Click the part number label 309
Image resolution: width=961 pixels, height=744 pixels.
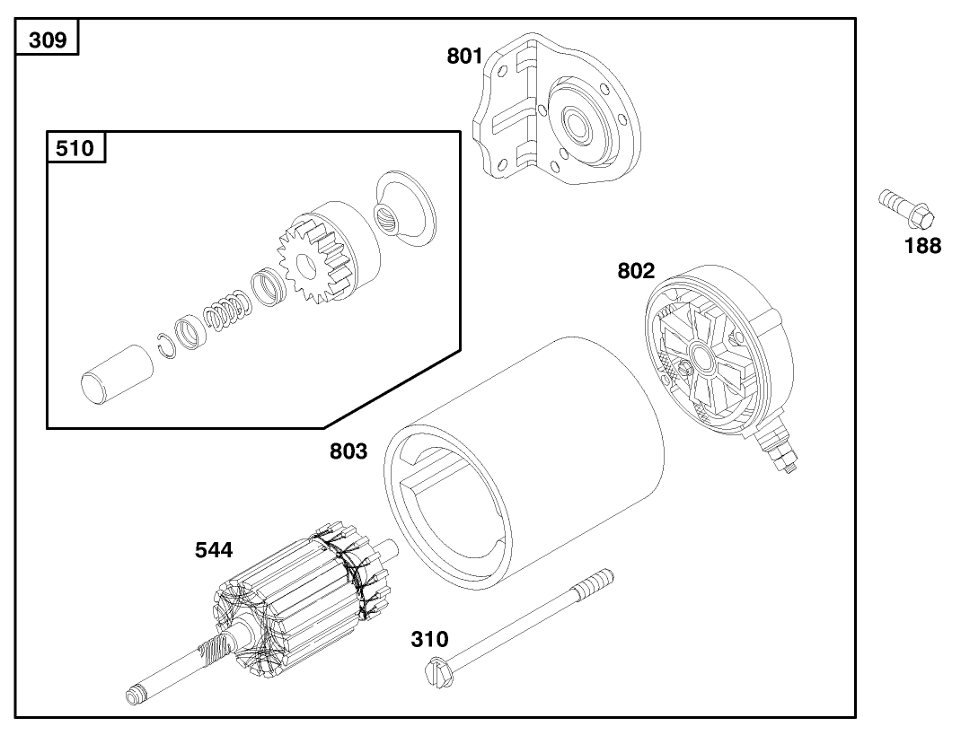tap(47, 40)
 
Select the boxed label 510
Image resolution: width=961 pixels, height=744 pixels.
tap(75, 148)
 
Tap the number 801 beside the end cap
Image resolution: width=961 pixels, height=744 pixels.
tap(465, 57)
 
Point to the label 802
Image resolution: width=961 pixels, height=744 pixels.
tap(636, 270)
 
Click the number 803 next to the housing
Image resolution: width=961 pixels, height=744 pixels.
tap(348, 451)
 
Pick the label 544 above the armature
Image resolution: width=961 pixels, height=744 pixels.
tap(214, 550)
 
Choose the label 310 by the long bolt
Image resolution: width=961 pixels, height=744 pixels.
tap(429, 640)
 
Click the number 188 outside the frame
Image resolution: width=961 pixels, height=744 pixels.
tap(922, 245)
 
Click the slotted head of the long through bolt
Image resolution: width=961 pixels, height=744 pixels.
tap(435, 669)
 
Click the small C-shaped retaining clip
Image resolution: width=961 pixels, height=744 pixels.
tap(164, 342)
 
